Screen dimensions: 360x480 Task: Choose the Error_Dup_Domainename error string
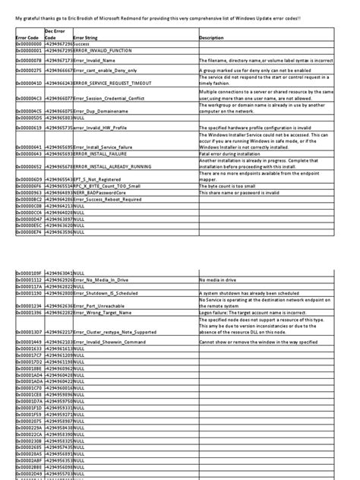click(x=102, y=110)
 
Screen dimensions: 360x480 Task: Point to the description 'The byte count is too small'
click(x=235, y=186)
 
